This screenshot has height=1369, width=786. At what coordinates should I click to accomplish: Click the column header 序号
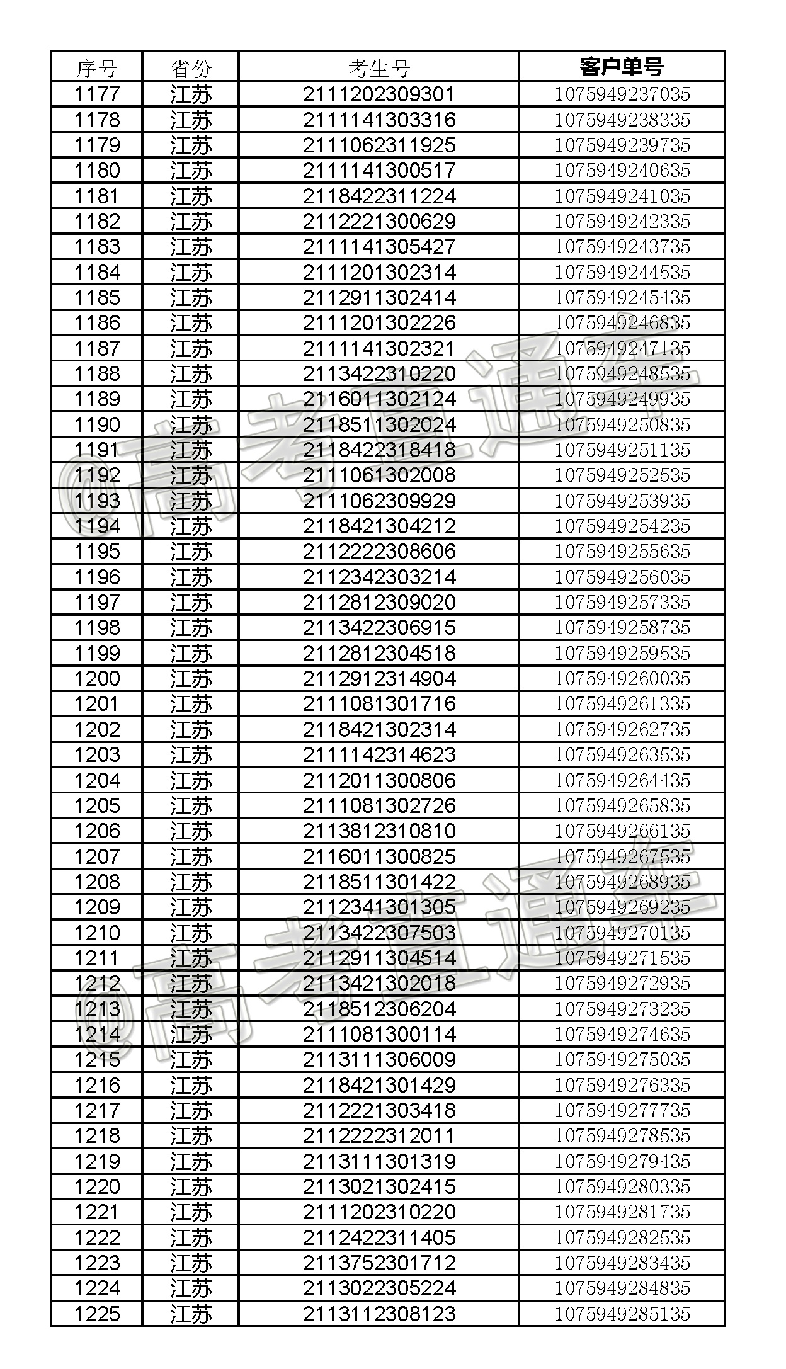point(96,67)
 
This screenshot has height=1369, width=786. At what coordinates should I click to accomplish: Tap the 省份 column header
point(191,67)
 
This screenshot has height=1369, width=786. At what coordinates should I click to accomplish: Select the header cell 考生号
point(379,67)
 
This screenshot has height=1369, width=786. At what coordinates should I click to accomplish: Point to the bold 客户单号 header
point(622,67)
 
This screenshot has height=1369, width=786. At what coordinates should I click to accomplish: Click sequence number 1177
point(96,94)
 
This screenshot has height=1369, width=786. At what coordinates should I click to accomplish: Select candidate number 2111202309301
point(379,94)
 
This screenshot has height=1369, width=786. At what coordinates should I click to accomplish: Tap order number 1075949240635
point(622,171)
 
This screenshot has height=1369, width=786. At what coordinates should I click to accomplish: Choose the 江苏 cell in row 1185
point(191,298)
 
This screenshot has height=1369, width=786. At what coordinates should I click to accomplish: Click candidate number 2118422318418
point(379,450)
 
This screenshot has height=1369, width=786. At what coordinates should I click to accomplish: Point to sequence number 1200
point(96,679)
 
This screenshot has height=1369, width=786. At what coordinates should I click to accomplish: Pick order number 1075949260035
point(622,679)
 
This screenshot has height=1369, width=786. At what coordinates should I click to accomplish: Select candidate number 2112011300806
point(379,781)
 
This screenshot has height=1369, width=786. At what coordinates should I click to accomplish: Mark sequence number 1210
point(96,933)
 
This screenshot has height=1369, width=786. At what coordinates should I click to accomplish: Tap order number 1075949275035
point(622,1060)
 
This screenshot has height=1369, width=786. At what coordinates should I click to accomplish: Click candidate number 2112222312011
point(379,1136)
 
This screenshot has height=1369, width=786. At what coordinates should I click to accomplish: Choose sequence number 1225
point(96,1314)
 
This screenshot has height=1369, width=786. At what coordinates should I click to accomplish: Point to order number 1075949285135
point(622,1314)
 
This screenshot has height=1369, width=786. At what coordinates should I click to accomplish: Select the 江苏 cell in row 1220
point(191,1187)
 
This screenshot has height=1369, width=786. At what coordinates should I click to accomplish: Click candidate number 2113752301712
point(379,1263)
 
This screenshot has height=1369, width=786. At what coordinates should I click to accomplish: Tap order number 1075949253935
point(622,501)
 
